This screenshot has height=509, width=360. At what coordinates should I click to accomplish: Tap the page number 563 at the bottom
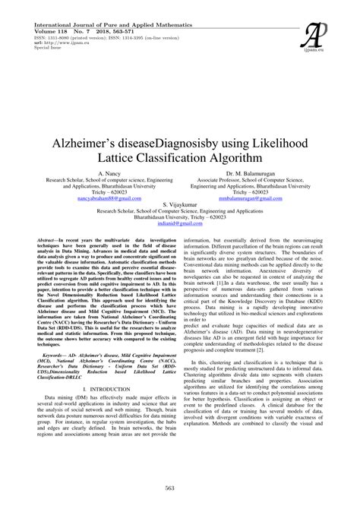(180, 488)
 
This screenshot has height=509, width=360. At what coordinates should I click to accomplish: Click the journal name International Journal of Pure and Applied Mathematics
(102, 5)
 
